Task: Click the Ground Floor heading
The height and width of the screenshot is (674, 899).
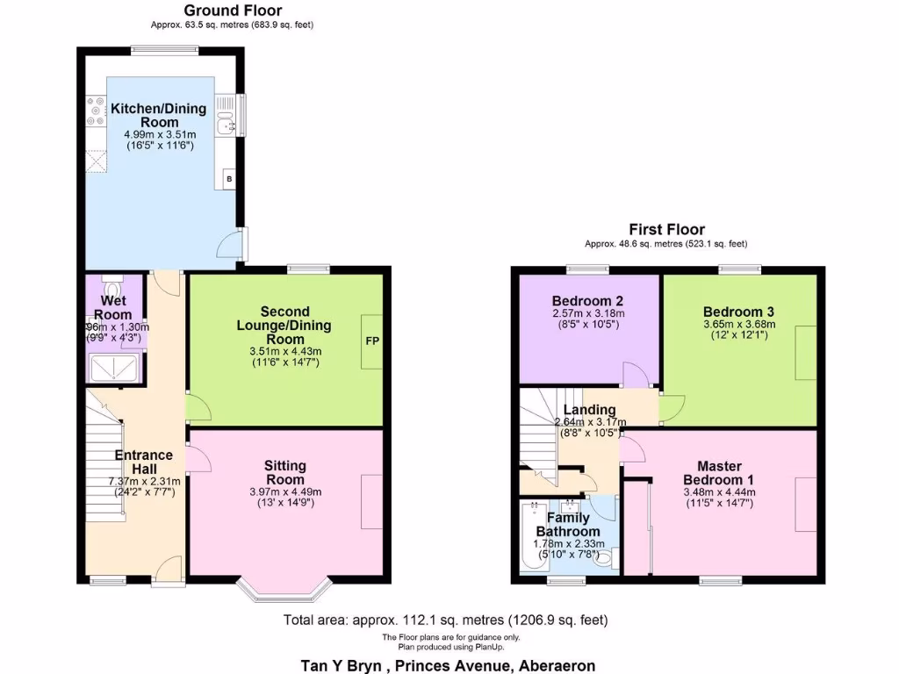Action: (233, 11)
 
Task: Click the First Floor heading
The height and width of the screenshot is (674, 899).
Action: (666, 230)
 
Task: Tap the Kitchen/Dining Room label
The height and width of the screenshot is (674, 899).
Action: (159, 115)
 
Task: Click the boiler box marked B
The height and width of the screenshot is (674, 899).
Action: (230, 179)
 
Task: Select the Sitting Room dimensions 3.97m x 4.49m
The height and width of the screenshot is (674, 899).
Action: (287, 491)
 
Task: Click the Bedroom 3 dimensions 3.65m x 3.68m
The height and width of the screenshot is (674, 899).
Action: (738, 325)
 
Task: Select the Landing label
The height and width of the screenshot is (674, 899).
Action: (589, 410)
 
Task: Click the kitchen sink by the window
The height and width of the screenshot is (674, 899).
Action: (229, 116)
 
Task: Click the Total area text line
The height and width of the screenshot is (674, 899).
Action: (445, 620)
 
